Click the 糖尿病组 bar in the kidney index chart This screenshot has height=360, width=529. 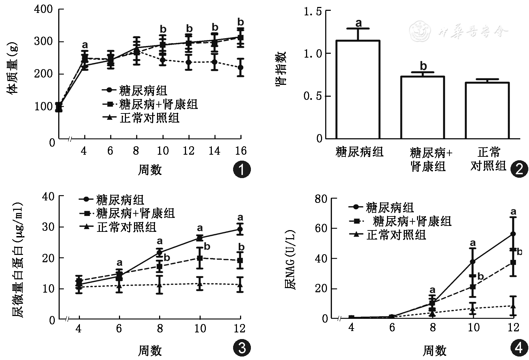pyautogui.click(x=358, y=89)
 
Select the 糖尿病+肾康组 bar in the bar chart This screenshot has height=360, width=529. pyautogui.click(x=422, y=108)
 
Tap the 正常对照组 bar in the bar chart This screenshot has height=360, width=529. pyautogui.click(x=487, y=110)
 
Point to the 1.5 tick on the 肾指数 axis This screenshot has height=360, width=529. pyautogui.click(x=313, y=12)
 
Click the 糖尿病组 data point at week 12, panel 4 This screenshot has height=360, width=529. pyautogui.click(x=513, y=234)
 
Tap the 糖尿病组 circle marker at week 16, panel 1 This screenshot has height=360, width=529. pyautogui.click(x=240, y=67)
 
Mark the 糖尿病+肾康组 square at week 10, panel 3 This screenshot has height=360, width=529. pyautogui.click(x=200, y=258)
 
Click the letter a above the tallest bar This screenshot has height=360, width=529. pyautogui.click(x=358, y=23)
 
